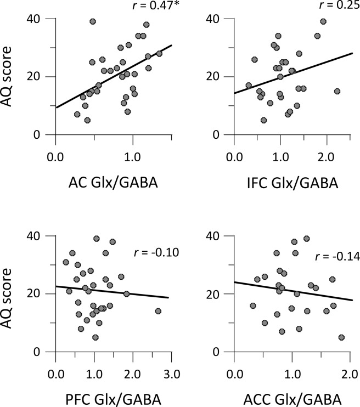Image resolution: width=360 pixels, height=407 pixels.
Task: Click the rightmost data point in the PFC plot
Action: [x=158, y=311]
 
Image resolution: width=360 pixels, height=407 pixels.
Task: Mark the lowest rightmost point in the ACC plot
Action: [x=341, y=337]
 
